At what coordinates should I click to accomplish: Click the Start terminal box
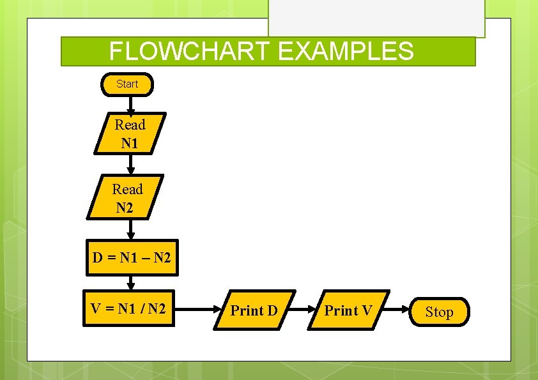click(x=127, y=84)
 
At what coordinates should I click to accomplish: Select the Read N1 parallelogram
click(x=130, y=133)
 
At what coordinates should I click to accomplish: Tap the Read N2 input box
click(x=127, y=197)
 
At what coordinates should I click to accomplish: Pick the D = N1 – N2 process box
click(x=132, y=258)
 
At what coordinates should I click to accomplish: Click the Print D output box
click(x=254, y=311)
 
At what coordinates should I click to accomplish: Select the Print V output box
click(x=348, y=311)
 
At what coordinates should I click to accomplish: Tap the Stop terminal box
click(x=440, y=312)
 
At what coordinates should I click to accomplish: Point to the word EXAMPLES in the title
click(x=346, y=51)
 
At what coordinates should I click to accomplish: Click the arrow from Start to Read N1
click(x=130, y=105)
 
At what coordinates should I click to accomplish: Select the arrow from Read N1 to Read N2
click(x=130, y=165)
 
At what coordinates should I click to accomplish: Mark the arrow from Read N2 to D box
click(x=130, y=229)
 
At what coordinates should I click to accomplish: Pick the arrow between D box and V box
click(x=130, y=282)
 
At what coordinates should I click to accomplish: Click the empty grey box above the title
click(x=376, y=18)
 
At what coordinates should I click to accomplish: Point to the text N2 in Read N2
click(x=125, y=207)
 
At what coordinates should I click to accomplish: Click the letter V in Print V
click(x=366, y=311)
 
